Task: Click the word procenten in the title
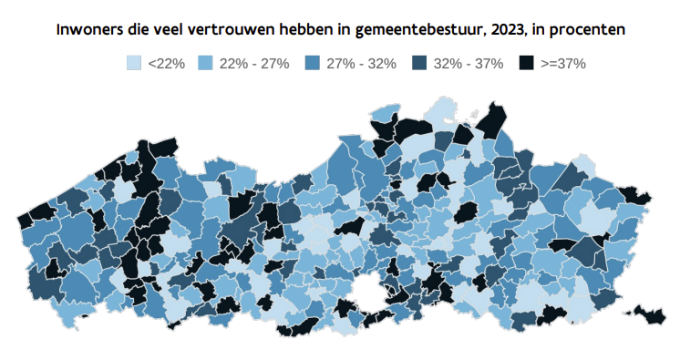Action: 586,30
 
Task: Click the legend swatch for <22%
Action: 135,63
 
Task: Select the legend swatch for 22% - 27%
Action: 207,63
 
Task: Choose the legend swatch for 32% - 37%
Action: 418,63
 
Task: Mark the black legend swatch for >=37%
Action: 525,63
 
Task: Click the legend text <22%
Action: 167,63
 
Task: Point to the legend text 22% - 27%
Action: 254,63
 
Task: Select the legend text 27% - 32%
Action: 360,63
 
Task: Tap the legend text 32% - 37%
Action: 467,63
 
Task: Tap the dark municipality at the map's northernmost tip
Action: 495,118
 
